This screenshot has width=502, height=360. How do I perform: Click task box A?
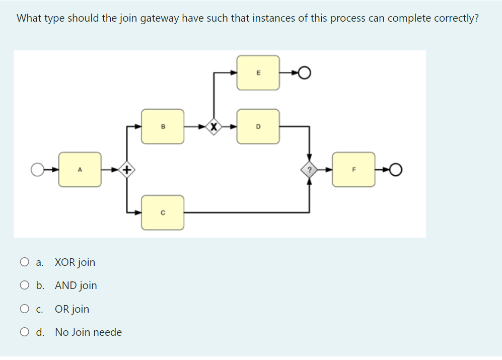80,170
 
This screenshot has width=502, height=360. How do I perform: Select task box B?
163,126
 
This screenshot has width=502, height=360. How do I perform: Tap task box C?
163,212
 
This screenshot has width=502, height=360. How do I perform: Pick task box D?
258,126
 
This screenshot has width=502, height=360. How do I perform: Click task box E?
258,73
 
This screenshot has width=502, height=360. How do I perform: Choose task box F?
353,170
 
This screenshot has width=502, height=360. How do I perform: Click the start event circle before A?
38,170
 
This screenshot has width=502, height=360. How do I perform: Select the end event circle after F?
397,170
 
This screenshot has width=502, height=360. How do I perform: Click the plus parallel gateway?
128,170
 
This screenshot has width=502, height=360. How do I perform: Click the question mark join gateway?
309,170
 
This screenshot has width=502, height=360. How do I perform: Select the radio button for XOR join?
25,262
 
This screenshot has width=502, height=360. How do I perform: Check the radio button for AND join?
25,285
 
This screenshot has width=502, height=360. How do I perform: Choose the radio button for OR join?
25,309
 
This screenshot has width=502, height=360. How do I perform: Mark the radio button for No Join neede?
25,332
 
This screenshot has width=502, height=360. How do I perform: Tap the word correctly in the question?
452,19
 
